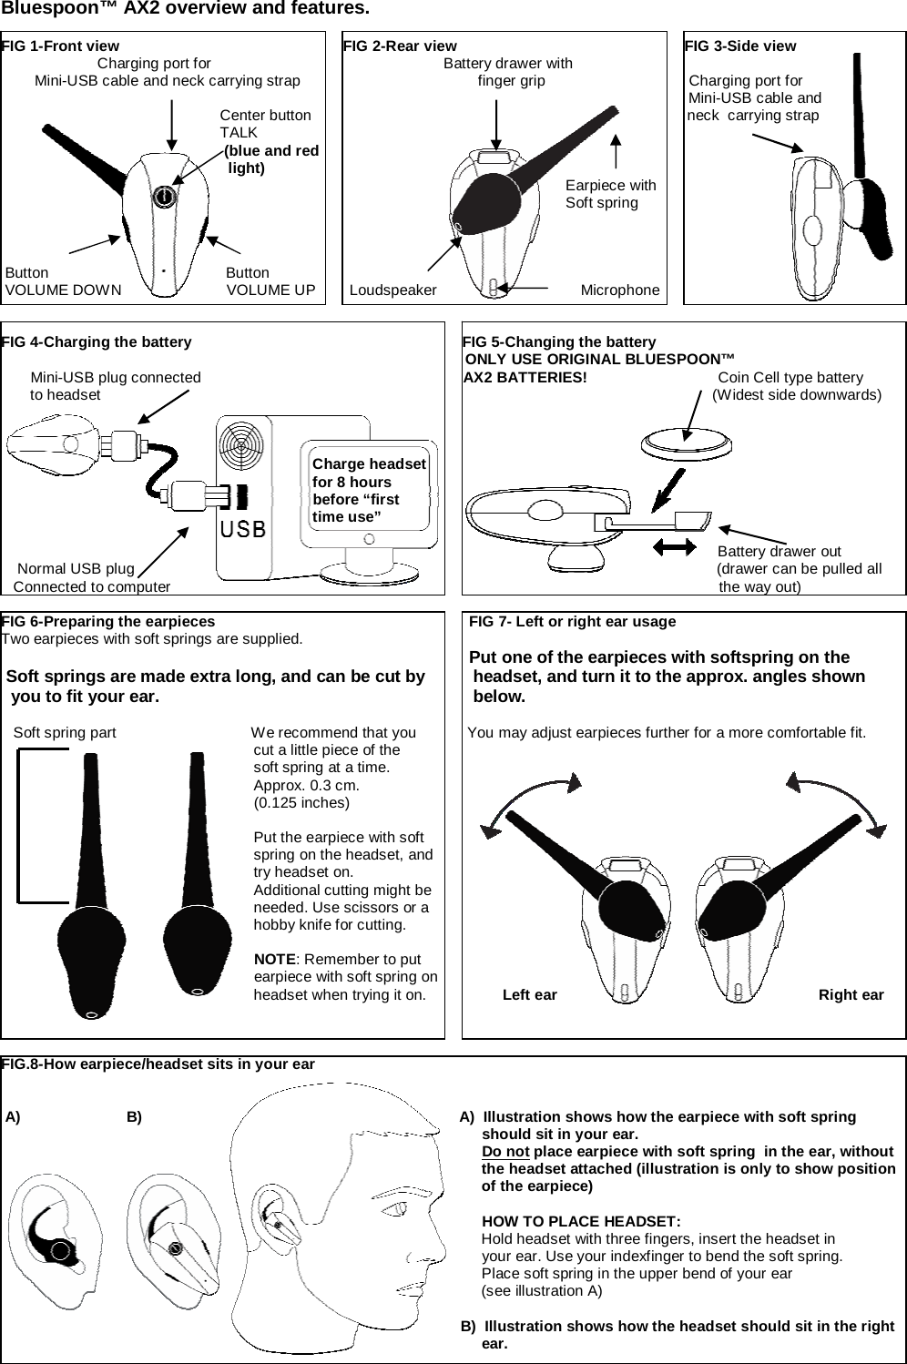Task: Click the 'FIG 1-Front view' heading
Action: click(x=60, y=46)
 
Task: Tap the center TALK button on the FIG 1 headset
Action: click(x=163, y=196)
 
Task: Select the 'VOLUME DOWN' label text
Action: click(x=64, y=290)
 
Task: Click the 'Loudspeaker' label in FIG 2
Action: click(x=393, y=290)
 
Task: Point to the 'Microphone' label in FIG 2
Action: click(x=620, y=290)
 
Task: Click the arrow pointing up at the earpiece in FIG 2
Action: click(x=617, y=151)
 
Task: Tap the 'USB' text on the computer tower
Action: click(x=242, y=528)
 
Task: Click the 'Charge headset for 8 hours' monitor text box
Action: click(x=369, y=490)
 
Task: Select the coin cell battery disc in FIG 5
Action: click(x=685, y=445)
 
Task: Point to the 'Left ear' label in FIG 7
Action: click(x=530, y=994)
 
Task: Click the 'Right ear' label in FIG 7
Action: click(x=851, y=994)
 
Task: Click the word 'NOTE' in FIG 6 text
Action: click(x=274, y=960)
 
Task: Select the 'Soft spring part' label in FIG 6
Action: click(x=65, y=732)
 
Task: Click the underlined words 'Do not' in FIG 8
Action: click(x=505, y=1152)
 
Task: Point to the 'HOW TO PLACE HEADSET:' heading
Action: click(x=581, y=1221)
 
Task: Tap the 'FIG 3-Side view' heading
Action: click(x=740, y=46)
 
